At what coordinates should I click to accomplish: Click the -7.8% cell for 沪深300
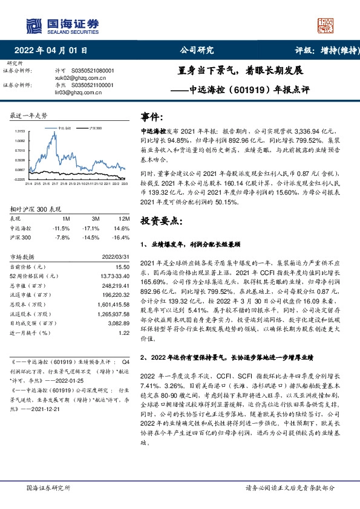(62, 236)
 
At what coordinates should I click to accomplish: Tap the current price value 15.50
(123, 266)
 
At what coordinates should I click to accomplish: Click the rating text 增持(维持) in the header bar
(333, 51)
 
